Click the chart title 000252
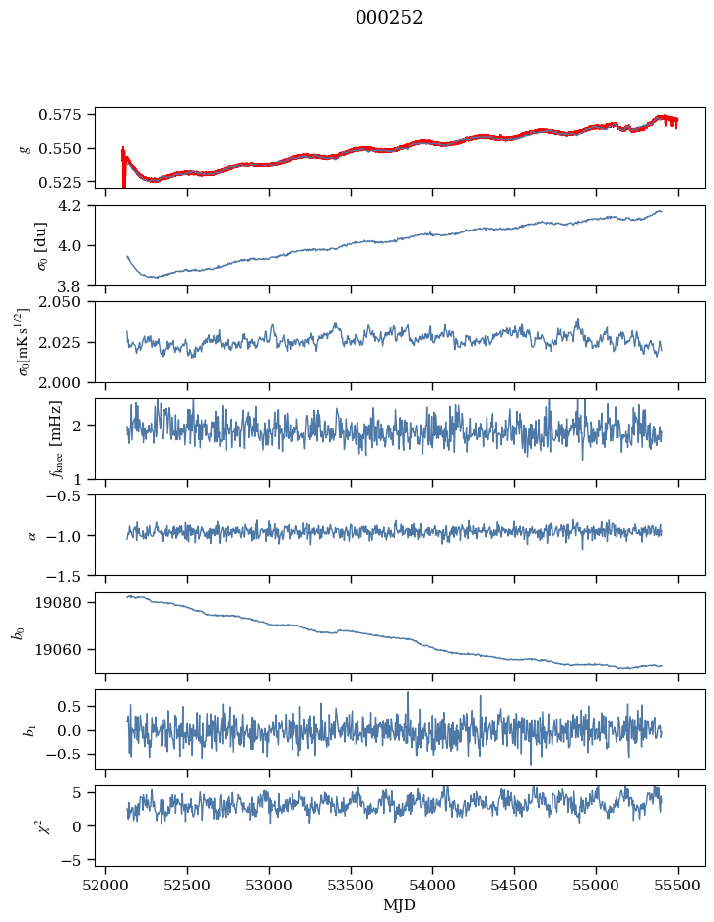click(x=389, y=18)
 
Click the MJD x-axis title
click(x=400, y=905)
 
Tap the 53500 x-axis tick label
click(x=352, y=886)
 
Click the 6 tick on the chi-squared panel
click(x=84, y=792)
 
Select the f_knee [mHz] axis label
click(x=28, y=439)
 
